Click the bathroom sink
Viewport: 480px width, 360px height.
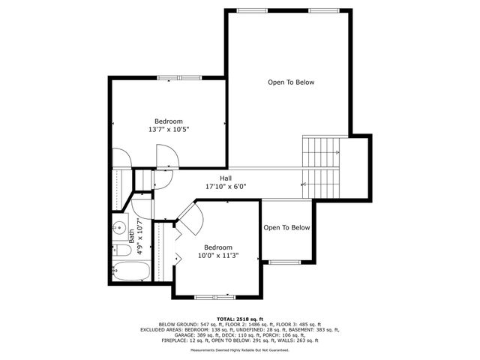coord(118,228)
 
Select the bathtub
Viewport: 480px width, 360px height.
coord(132,271)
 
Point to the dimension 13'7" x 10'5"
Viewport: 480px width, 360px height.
coord(169,130)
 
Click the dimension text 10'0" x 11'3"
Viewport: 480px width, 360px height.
coord(218,256)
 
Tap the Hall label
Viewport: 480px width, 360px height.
coord(226,178)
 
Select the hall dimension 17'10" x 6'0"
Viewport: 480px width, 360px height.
coord(226,187)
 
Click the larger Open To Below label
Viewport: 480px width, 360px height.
coord(291,82)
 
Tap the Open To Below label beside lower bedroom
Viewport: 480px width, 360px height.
coord(286,228)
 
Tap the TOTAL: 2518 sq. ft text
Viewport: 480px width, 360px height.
coord(240,318)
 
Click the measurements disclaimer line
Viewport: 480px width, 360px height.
coord(240,349)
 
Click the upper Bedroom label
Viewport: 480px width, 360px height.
coord(169,121)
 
